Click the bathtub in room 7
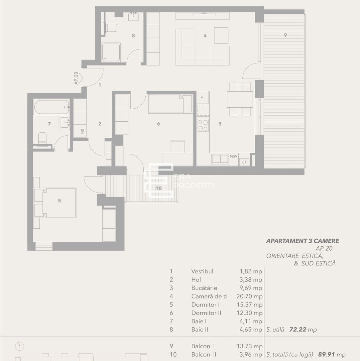tap(51, 107)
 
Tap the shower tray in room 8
tap(111, 52)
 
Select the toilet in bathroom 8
tap(111, 27)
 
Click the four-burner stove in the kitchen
tap(203, 125)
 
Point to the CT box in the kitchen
tap(244, 162)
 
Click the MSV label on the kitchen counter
tap(234, 156)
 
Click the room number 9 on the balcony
tap(285, 35)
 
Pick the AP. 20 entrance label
tap(77, 78)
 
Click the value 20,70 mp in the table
tap(249, 296)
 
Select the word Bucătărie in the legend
tap(204, 288)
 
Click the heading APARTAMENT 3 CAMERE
tap(302, 241)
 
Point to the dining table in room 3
tap(240, 99)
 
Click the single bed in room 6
tap(170, 104)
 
